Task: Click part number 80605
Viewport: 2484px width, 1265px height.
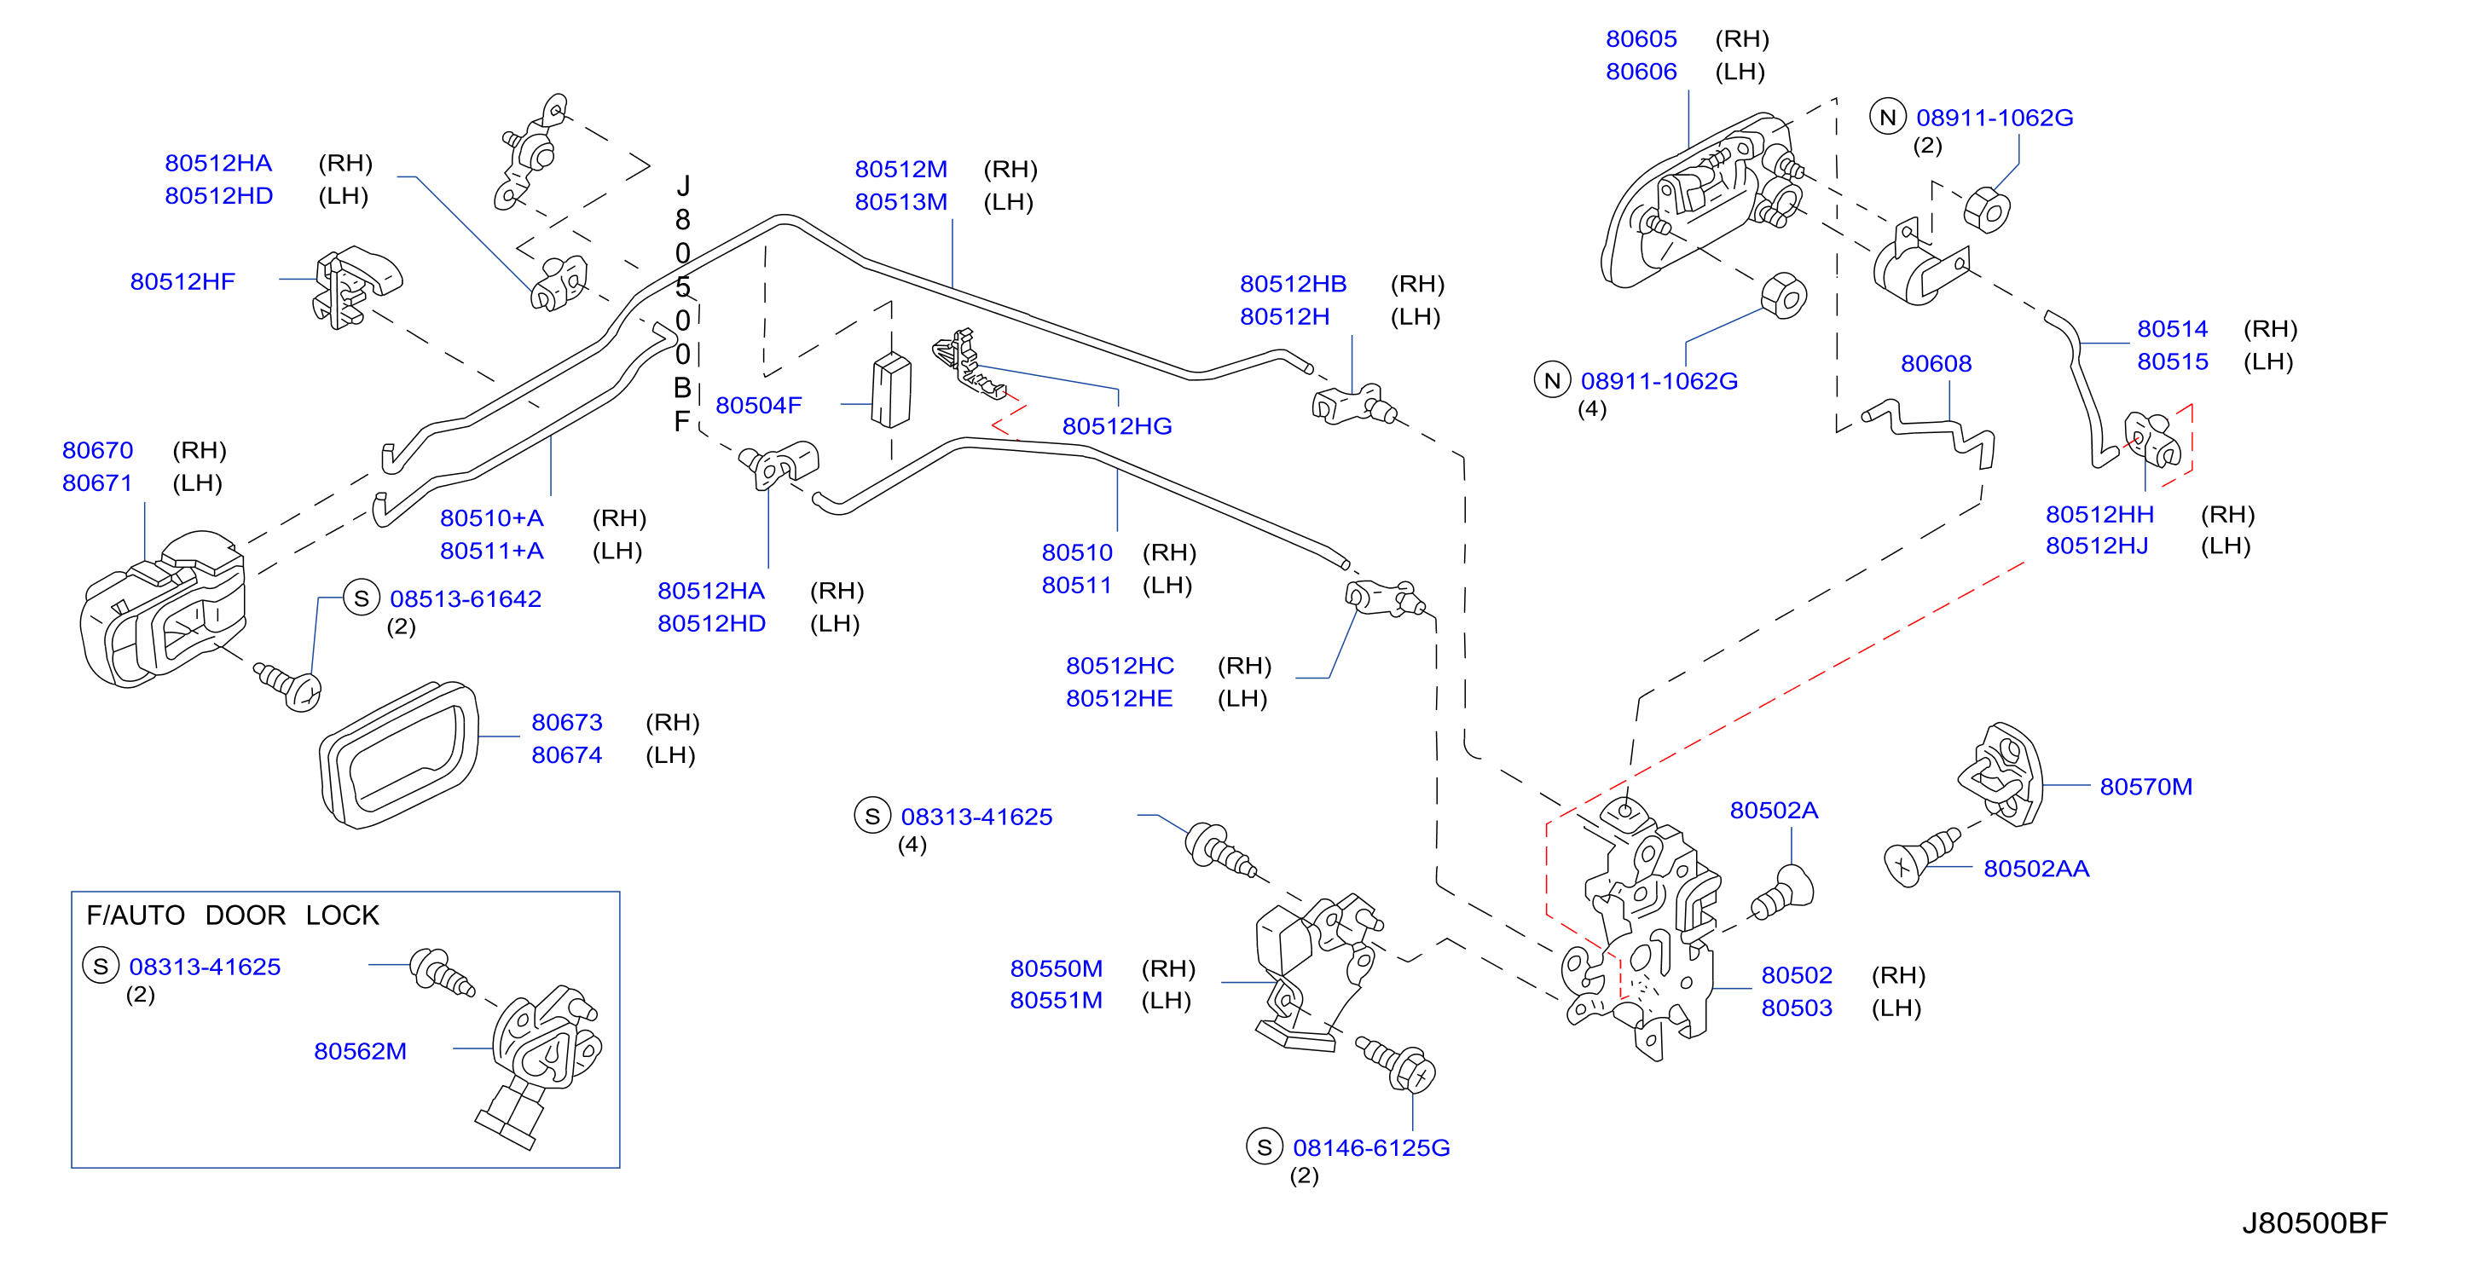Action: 1642,39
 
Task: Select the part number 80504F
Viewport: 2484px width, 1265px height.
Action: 759,406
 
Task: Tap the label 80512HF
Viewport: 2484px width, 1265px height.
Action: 183,281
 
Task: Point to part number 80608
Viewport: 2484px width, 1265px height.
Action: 1937,363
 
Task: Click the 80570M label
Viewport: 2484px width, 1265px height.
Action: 2146,787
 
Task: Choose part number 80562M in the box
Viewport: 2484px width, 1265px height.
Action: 361,1051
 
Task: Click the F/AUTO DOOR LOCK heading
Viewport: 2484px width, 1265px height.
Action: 233,915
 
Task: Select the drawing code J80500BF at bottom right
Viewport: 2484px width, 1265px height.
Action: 2314,1222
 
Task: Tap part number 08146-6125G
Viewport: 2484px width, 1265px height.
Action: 1371,1147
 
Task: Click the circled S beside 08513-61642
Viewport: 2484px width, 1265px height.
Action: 362,598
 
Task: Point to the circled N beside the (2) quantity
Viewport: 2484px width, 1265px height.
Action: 1888,118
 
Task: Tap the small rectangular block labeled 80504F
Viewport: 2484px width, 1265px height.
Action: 891,390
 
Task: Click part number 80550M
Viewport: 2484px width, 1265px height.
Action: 1056,968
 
